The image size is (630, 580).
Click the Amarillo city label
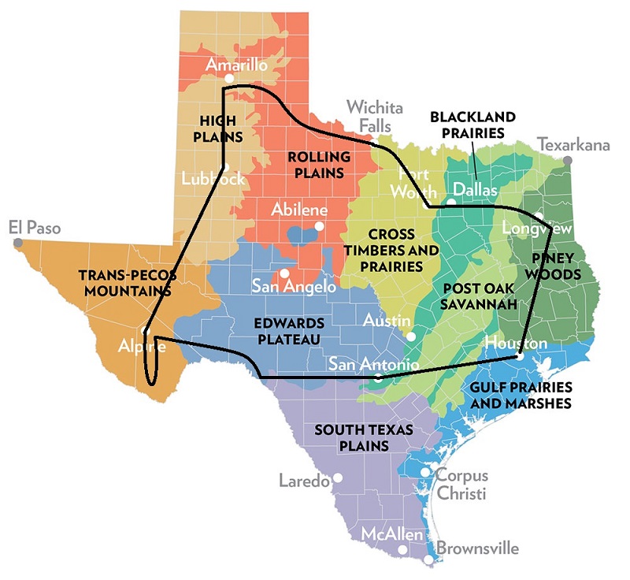[235, 65]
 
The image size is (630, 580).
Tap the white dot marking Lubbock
[225, 167]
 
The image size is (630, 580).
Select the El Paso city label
[34, 228]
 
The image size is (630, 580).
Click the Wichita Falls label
[375, 117]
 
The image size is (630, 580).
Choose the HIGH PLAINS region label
[220, 128]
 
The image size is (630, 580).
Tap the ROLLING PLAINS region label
[315, 165]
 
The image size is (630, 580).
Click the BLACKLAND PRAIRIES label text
[472, 125]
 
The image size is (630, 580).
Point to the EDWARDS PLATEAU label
[289, 331]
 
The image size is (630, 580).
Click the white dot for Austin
[411, 336]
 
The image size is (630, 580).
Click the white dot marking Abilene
[319, 226]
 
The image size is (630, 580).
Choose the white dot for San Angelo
[283, 273]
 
